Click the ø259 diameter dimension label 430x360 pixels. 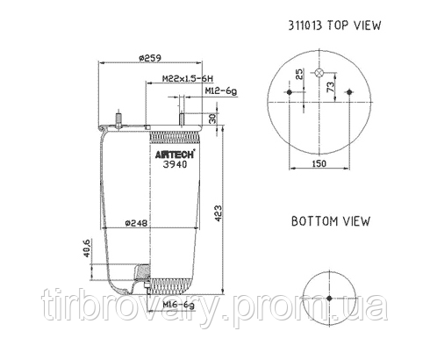click(x=151, y=58)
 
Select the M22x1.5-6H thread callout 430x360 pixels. click(x=183, y=79)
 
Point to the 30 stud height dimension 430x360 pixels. click(x=212, y=118)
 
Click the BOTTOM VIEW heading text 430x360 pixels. click(x=330, y=222)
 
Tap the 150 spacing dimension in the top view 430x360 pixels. click(x=319, y=163)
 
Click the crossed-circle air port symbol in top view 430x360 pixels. click(x=319, y=73)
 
